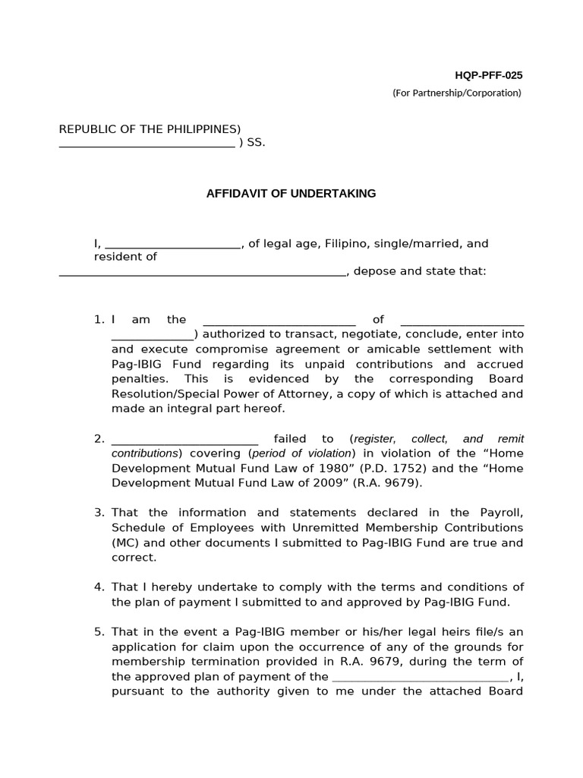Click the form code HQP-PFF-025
pos(488,75)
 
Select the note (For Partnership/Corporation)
pos(457,93)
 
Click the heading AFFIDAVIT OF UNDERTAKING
pos(291,194)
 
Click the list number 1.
pos(99,320)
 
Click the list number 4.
pos(99,587)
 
